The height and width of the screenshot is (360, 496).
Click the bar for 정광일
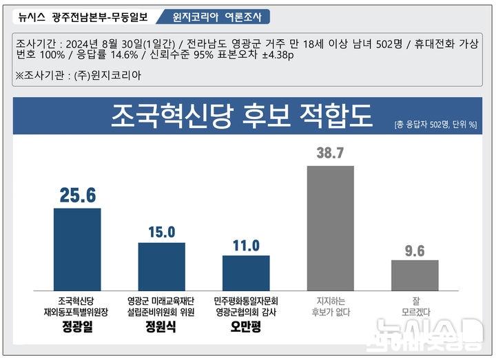click(77, 249)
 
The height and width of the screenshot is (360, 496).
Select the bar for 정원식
click(161, 266)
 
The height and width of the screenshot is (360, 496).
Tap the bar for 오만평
click(246, 273)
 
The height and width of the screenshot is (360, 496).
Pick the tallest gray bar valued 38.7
click(330, 228)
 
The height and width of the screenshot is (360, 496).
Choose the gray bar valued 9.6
click(415, 275)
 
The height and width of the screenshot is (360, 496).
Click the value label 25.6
click(77, 196)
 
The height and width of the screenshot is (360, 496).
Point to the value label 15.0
click(162, 232)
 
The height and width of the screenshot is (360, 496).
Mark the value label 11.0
click(246, 245)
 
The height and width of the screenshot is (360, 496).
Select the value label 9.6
click(415, 250)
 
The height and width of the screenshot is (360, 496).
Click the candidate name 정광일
click(76, 326)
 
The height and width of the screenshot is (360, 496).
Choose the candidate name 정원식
click(161, 326)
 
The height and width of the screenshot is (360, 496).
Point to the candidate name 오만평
click(246, 326)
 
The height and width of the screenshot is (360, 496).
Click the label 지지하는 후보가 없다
click(331, 306)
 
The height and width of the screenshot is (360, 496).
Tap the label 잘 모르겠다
click(415, 306)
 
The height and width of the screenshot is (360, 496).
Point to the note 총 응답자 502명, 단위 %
click(436, 125)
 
